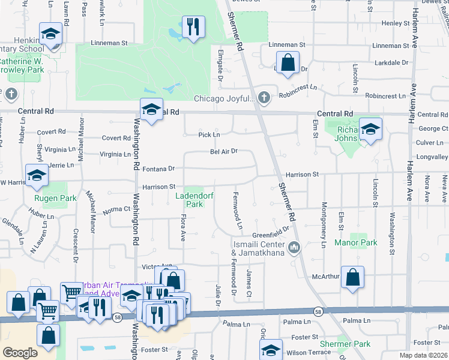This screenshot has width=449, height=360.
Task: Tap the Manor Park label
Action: pos(357,243)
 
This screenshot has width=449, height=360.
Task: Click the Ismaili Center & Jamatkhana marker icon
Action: pos(294,247)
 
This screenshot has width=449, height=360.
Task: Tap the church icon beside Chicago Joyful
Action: pos(263,97)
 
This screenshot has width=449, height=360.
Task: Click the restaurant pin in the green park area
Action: pos(193,28)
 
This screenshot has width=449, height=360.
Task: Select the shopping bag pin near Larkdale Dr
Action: pos(288,62)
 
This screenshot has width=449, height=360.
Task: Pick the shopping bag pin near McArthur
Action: pos(353,277)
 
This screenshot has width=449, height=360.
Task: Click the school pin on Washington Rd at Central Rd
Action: pos(151,110)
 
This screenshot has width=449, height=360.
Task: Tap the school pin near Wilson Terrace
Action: pos(271,351)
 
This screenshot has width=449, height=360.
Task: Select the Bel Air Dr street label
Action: pos(224,151)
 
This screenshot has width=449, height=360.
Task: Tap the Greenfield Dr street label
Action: pos(271,227)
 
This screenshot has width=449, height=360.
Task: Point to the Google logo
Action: pos(20,353)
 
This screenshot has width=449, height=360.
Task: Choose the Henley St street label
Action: pos(395,23)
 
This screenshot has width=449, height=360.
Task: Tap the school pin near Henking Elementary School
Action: pos(51,35)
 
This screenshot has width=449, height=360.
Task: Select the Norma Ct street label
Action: pos(116,209)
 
